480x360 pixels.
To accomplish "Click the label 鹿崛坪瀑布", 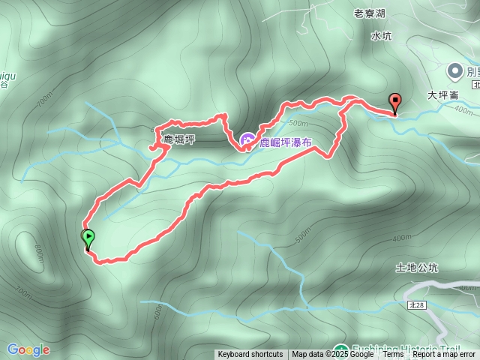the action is click(x=286, y=141).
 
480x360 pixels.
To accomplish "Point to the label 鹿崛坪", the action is click(x=179, y=139).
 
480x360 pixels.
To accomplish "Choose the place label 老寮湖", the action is click(x=369, y=13).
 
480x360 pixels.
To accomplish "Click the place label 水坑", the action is click(x=381, y=35).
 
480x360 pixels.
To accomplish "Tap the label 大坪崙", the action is click(x=442, y=96).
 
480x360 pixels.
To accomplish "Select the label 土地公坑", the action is click(x=416, y=267).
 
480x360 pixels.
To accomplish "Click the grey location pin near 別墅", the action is click(x=454, y=71).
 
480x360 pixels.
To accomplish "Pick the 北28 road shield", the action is click(x=417, y=305).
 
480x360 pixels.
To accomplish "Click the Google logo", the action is click(x=28, y=349).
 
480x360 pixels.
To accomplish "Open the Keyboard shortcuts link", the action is click(x=250, y=355).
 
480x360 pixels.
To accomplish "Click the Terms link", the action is click(x=393, y=355).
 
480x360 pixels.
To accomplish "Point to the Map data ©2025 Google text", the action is click(x=333, y=355).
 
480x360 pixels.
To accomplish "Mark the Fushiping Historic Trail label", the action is click(x=409, y=349).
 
